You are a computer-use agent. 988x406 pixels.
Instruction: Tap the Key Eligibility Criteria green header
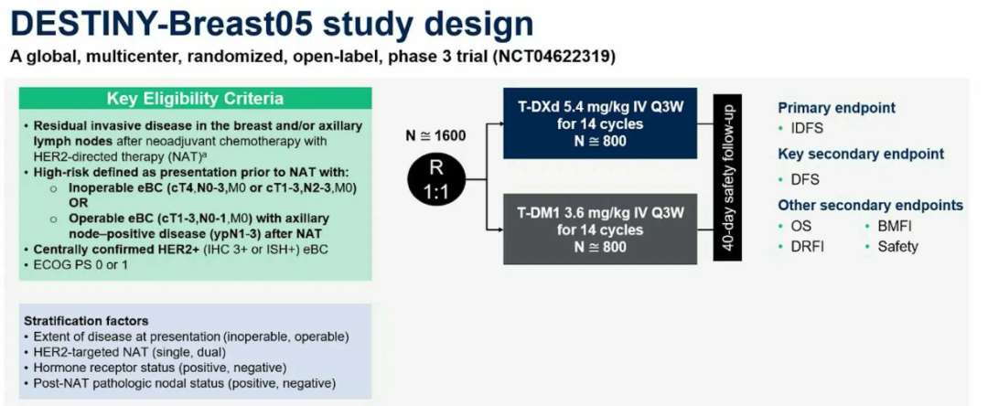tap(195, 99)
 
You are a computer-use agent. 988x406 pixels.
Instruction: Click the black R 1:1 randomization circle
tap(435, 179)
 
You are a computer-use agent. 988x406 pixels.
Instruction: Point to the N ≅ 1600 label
tap(435, 136)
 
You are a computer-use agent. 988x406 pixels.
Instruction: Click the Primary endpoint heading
tap(836, 107)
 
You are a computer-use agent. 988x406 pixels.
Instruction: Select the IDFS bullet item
tap(806, 128)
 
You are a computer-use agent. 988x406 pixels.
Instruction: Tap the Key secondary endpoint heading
tap(861, 154)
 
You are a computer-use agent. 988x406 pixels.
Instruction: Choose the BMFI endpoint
tap(894, 225)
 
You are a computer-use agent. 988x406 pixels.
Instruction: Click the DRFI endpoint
tap(807, 246)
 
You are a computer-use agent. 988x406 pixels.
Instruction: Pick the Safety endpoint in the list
tap(897, 246)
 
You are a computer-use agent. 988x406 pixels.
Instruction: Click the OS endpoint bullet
tap(800, 225)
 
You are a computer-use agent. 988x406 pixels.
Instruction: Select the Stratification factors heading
tap(87, 321)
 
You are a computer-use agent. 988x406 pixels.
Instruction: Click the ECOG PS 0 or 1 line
tap(81, 264)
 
